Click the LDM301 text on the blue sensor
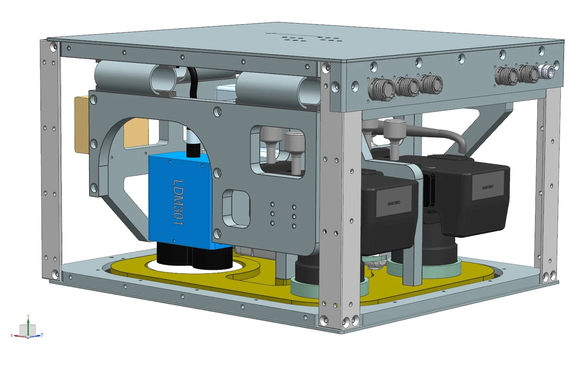[x=178, y=203]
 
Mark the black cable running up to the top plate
[x=193, y=83]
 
